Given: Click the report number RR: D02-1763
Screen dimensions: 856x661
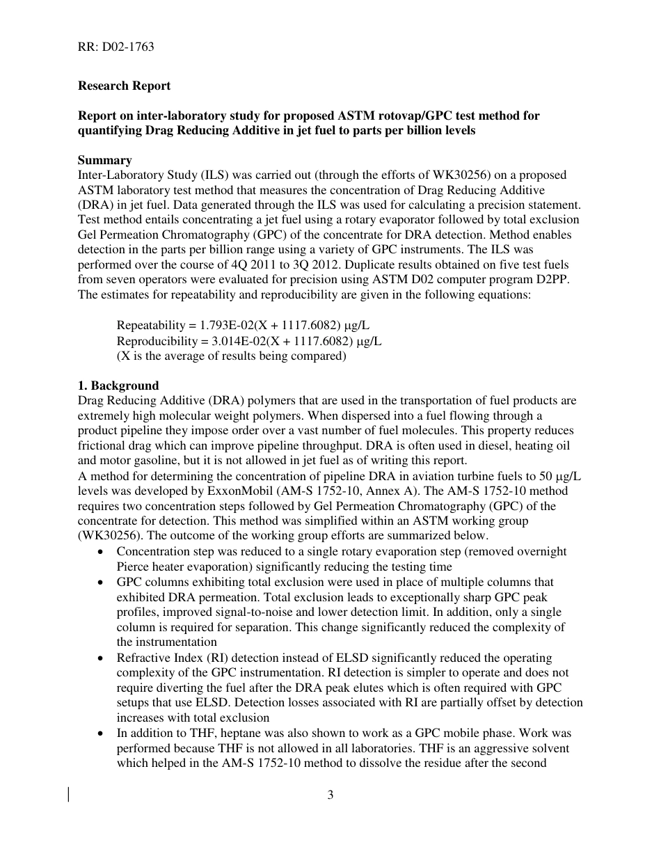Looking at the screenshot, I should [116, 47].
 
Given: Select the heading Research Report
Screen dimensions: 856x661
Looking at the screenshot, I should [124, 86].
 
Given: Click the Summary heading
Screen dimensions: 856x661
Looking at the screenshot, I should [104, 160].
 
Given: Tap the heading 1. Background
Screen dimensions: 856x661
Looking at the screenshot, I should [118, 385].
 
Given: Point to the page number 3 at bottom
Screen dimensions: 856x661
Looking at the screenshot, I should [330, 795].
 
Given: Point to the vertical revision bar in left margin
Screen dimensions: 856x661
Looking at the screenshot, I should [68, 795].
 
